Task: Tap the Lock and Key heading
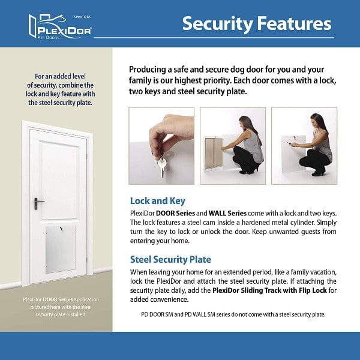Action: click(x=157, y=201)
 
